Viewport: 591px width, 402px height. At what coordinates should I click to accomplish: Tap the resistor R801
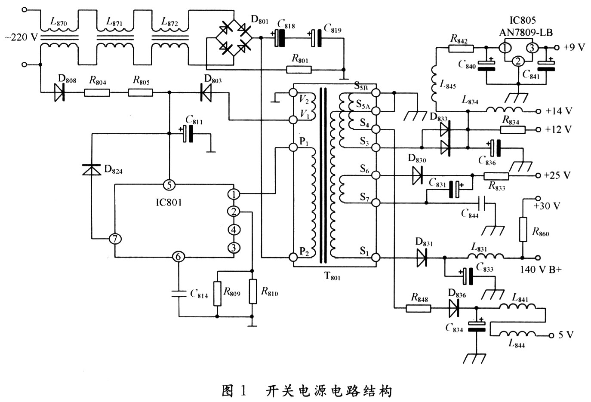pos(299,69)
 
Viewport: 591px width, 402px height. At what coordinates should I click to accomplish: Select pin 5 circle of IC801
pos(169,185)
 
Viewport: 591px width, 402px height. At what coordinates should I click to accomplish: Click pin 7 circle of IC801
pos(114,239)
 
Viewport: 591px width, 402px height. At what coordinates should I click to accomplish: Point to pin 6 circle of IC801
pos(178,257)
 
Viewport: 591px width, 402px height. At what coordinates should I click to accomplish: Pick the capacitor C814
pos(178,293)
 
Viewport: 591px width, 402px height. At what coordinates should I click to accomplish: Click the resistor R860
pos(523,229)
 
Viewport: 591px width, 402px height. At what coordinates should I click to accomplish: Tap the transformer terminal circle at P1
pos(293,147)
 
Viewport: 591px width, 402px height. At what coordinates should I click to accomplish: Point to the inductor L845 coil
pos(437,86)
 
